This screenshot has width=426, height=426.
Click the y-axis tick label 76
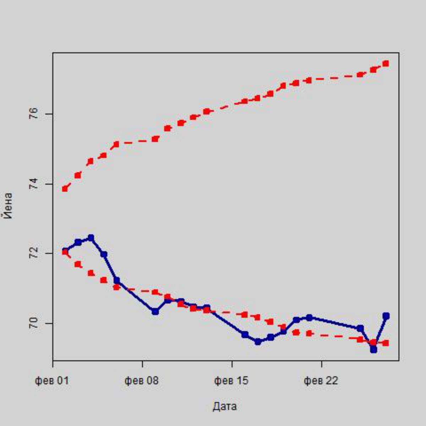(34, 114)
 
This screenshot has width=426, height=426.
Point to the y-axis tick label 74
(34, 184)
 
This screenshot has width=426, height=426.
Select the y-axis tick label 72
(34, 253)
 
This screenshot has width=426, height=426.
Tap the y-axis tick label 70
(34, 323)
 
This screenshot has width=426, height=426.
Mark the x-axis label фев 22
(321, 381)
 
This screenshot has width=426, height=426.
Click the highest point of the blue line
(91, 237)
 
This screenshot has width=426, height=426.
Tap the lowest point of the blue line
(373, 349)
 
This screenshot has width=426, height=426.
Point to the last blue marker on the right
(386, 316)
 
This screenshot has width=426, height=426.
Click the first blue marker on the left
(65, 251)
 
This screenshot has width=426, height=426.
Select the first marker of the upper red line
(65, 189)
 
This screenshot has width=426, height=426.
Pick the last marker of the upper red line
(386, 64)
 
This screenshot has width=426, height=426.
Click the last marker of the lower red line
(386, 343)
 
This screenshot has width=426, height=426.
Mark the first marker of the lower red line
(65, 252)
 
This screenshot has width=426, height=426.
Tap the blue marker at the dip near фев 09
(155, 311)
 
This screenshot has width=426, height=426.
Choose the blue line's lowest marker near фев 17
(258, 342)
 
